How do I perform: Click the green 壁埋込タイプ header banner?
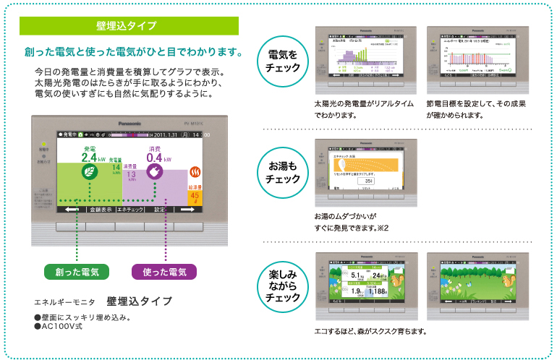tap(129, 26)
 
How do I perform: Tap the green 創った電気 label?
tap(77, 272)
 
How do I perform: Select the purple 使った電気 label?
tap(165, 272)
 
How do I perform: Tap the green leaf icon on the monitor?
tap(91, 173)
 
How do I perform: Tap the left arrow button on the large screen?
tap(71, 209)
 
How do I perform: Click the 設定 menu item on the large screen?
tap(161, 209)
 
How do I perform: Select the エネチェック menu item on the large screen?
tap(130, 209)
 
